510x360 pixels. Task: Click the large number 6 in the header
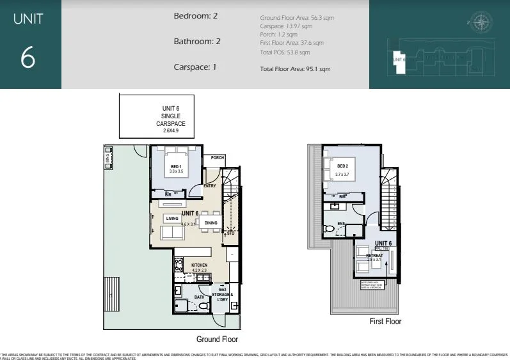tap(28, 59)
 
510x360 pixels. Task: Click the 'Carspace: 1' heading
tap(196, 67)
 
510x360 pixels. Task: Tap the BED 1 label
tap(175, 168)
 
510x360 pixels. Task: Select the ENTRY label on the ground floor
tap(210, 186)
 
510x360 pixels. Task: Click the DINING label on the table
tap(211, 223)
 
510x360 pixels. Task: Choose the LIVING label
tap(171, 219)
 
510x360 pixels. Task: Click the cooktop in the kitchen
tap(179, 263)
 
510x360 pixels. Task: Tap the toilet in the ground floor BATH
tap(204, 307)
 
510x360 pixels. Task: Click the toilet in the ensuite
tap(329, 228)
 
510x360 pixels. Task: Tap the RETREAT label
tap(374, 255)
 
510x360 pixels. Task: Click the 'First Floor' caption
tap(385, 322)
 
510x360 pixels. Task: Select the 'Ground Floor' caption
tap(217, 340)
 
